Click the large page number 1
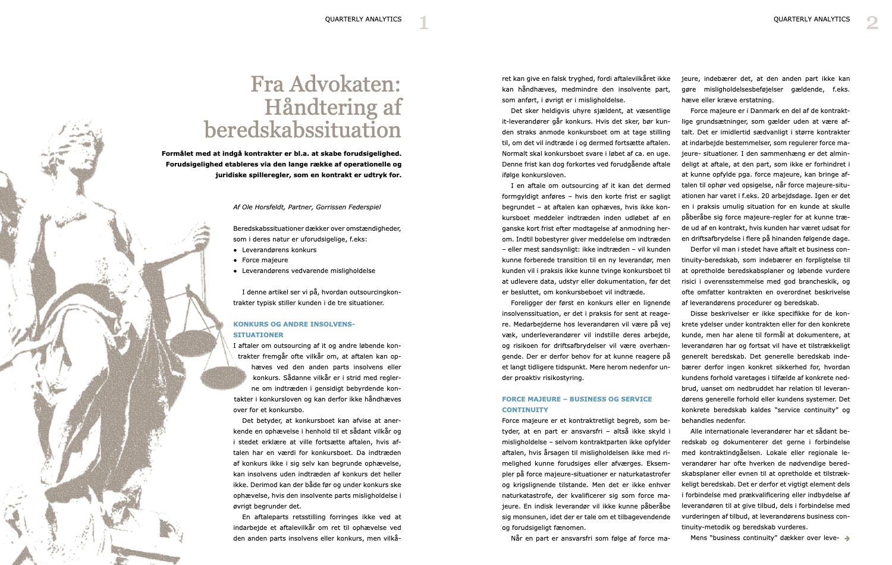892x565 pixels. click(x=423, y=23)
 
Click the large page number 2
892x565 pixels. click(x=872, y=23)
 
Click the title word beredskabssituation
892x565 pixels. click(x=303, y=130)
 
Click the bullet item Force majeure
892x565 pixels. click(x=265, y=260)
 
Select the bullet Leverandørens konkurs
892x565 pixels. click(x=279, y=250)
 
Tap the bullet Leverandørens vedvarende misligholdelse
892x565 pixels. click(x=308, y=271)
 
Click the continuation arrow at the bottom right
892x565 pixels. click(x=847, y=538)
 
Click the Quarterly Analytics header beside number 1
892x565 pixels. click(x=363, y=19)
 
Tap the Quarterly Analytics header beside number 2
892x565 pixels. click(x=811, y=19)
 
